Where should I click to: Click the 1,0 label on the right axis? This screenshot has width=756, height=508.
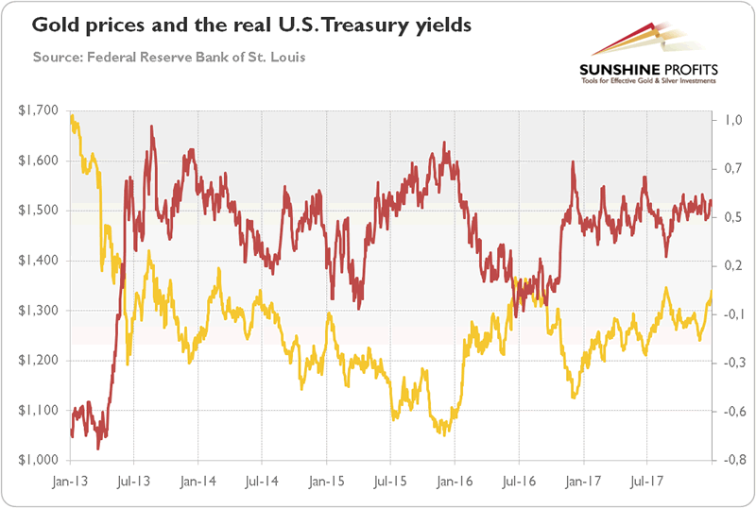coord(732,121)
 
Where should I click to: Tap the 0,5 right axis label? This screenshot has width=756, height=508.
coord(732,218)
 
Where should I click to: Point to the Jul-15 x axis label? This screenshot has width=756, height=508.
coord(389,479)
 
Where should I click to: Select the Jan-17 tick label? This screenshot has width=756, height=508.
coord(582,479)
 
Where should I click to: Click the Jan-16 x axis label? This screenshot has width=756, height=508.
coord(454,479)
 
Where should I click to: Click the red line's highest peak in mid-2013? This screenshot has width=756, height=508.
coord(151,127)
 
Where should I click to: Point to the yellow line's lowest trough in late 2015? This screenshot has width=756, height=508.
coord(441,434)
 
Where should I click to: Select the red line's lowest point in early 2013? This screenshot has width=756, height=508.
coord(97,447)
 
